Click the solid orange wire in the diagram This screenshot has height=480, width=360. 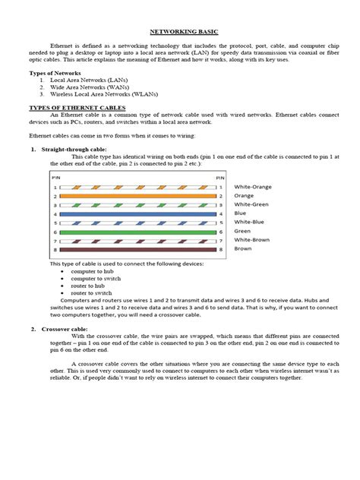[x=137, y=196]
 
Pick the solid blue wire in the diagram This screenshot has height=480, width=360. [x=137, y=213]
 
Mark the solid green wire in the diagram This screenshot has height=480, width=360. [x=137, y=232]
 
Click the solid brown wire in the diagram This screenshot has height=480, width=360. [x=137, y=249]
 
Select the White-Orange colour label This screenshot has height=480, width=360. [x=253, y=187]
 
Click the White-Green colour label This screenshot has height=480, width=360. [x=252, y=205]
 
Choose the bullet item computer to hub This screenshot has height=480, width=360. [x=90, y=271]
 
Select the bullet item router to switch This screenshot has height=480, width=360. [x=88, y=292]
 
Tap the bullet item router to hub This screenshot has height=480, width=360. [x=86, y=286]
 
